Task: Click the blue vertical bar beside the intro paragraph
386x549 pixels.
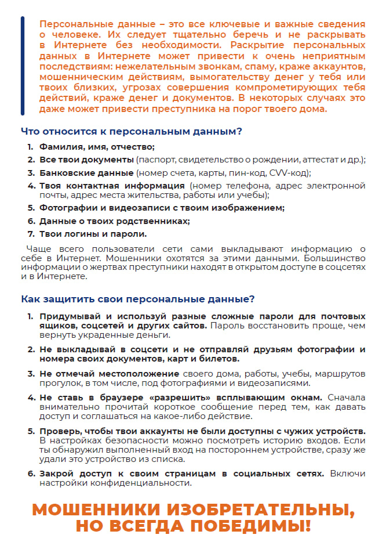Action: click(23, 66)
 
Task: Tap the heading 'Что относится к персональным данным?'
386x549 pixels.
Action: click(132, 132)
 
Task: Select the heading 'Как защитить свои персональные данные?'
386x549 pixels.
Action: click(137, 299)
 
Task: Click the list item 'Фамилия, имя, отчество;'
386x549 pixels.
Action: click(97, 147)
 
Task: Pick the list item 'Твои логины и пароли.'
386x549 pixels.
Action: click(93, 234)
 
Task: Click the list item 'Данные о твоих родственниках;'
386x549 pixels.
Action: click(114, 221)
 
